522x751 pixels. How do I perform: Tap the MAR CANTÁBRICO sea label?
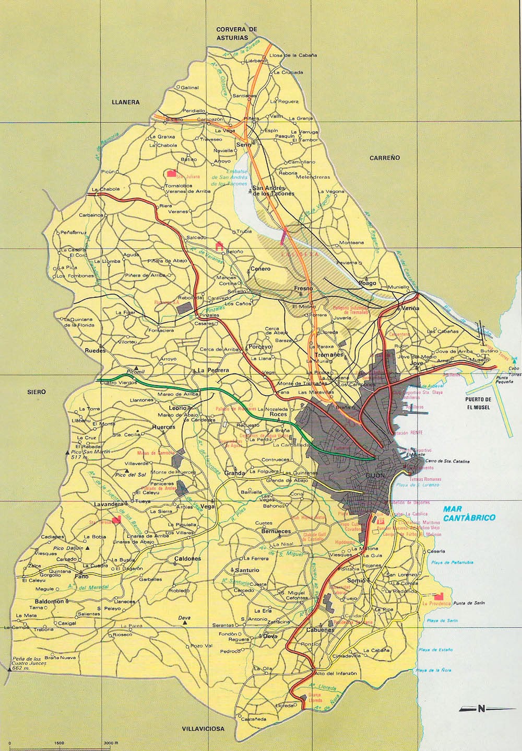tap(467, 513)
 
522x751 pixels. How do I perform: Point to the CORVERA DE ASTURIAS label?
tap(238, 33)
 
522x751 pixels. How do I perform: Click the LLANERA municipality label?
tap(125, 103)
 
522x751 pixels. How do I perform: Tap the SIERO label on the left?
tap(38, 391)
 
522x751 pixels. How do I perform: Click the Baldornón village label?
tap(50, 602)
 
